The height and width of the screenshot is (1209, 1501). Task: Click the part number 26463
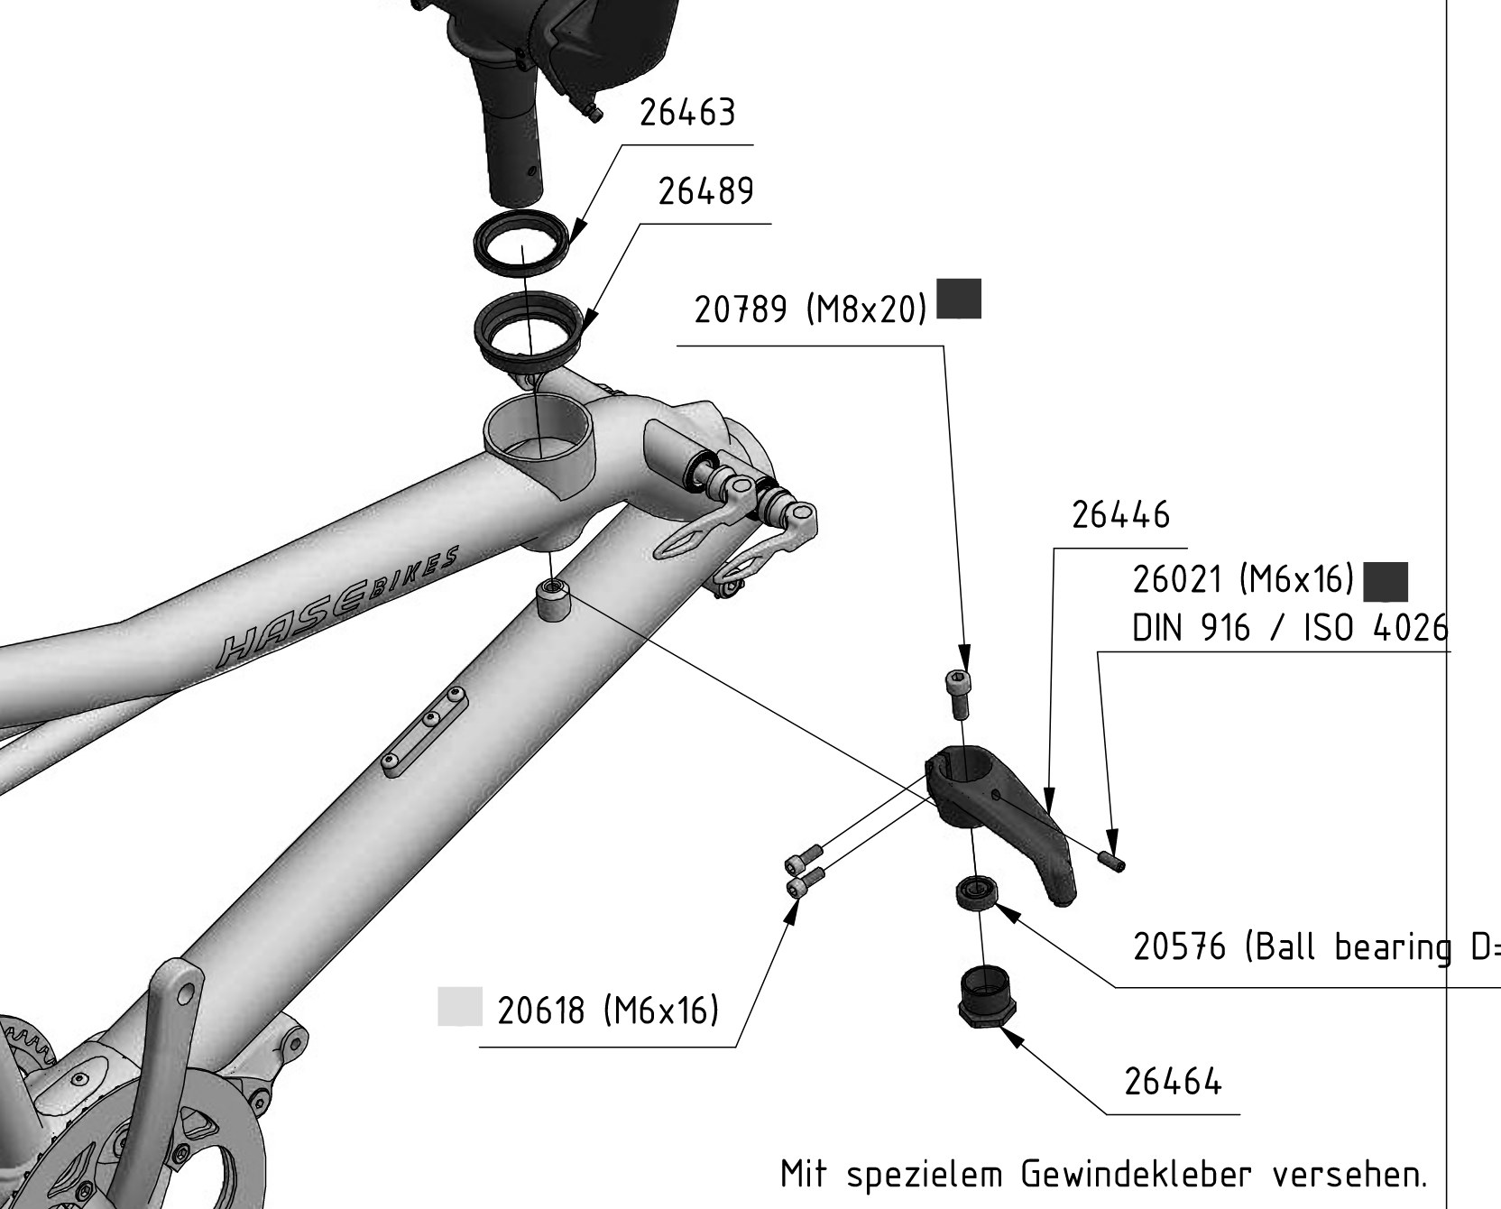point(687,113)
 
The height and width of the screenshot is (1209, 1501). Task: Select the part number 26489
point(705,191)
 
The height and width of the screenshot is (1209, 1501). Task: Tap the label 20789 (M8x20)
point(810,309)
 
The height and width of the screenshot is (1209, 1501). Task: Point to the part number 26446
point(1120,515)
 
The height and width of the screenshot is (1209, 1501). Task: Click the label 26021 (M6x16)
point(1243,579)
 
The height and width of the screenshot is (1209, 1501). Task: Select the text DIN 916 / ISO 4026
point(1290,627)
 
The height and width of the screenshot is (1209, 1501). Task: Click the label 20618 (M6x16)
point(608,1011)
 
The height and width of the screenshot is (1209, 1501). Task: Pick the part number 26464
point(1173,1080)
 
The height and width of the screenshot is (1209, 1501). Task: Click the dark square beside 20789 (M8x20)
point(959,299)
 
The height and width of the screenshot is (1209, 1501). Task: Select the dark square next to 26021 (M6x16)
point(1386,582)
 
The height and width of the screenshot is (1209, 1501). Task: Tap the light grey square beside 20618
point(460,1007)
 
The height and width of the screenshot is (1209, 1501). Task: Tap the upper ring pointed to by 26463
point(522,238)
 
